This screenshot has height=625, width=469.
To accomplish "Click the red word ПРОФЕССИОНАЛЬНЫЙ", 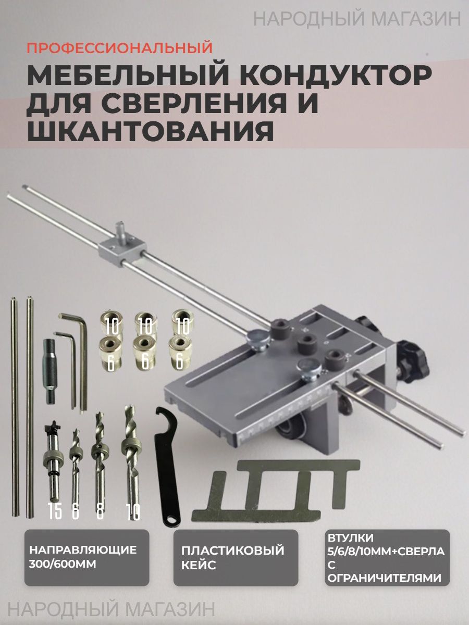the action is [120, 47].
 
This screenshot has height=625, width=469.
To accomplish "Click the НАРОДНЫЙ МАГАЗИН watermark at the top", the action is [357, 19].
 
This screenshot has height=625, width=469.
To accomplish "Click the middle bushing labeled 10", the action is [146, 323].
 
